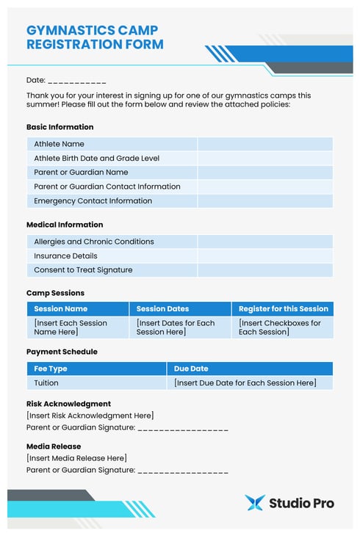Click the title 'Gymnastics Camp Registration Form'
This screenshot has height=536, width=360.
click(95, 37)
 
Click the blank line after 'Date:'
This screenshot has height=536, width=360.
click(77, 81)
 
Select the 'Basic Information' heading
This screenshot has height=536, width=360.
click(60, 127)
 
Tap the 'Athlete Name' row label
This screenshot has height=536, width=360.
click(59, 144)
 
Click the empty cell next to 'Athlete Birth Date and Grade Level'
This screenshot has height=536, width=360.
click(264, 159)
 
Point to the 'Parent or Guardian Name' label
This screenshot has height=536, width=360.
click(81, 173)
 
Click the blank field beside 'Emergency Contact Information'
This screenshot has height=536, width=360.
click(264, 201)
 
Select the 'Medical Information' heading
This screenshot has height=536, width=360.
click(65, 225)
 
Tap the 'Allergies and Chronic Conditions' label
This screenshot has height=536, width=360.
click(93, 242)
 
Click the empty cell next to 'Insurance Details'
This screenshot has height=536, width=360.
click(264, 256)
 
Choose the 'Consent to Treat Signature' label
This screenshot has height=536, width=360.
click(83, 270)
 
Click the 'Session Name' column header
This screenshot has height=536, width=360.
click(60, 309)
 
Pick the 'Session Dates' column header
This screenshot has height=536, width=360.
click(162, 309)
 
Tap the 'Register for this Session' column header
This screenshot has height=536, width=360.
click(283, 309)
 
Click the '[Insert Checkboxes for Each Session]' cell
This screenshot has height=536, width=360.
click(280, 327)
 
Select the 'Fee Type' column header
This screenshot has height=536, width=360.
click(51, 369)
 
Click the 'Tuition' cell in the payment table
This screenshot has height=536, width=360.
click(46, 383)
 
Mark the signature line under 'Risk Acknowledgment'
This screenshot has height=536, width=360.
click(183, 428)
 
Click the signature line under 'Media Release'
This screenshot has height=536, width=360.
click(183, 471)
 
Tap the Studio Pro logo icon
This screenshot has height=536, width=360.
click(254, 503)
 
